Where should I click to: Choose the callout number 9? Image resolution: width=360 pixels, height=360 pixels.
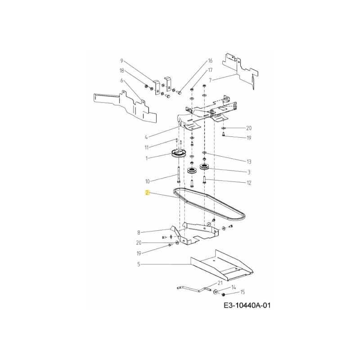click(121, 61)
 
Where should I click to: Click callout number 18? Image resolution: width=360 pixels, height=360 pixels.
click(121, 71)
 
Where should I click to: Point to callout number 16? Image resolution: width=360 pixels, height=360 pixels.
click(210, 61)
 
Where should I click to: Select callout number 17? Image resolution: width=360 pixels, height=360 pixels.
click(210, 71)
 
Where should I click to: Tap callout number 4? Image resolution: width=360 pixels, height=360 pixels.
click(146, 137)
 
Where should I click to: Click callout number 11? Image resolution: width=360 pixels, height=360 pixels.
click(146, 148)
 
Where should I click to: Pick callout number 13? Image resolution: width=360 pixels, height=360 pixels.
click(249, 162)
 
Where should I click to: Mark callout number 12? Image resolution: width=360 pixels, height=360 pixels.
click(249, 183)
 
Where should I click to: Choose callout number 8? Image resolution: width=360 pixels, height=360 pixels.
click(139, 233)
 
